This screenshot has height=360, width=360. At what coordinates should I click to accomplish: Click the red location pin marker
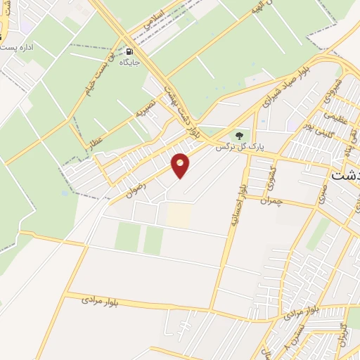coord(181,165)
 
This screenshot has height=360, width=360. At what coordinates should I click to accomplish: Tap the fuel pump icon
coord(129,52)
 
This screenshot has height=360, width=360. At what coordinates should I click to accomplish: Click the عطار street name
coord(94,141)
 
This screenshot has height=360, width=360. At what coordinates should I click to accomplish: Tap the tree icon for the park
coord(240,134)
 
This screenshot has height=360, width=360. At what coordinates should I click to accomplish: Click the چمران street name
coord(269,200)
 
